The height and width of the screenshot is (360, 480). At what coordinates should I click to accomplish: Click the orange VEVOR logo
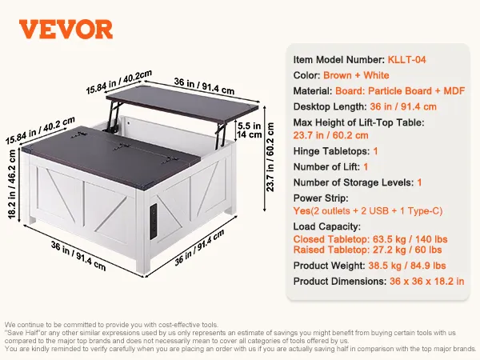pos(66,30)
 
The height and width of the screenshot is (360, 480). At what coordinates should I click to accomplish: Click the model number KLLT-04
pos(406,60)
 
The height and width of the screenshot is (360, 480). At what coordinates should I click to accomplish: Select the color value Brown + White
pos(356,75)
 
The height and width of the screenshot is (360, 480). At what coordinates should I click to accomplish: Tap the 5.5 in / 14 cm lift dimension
pos(249,130)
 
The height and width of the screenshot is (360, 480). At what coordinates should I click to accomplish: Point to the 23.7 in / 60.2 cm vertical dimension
pos(270,157)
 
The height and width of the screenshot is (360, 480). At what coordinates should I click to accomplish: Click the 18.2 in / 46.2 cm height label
pos(12,184)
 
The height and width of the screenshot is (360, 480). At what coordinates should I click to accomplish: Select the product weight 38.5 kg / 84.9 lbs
pos(407,266)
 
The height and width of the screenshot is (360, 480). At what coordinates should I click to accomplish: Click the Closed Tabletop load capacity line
pos(370,239)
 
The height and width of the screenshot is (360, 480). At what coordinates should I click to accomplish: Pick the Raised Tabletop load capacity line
pos(367,250)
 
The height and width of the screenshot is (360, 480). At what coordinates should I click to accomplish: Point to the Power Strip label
pos(321,198)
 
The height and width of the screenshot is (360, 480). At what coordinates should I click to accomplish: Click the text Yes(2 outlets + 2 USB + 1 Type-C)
pos(368,211)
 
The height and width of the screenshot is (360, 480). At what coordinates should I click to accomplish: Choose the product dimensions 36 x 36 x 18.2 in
pos(426,282)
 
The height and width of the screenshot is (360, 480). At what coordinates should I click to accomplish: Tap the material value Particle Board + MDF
pos(417,91)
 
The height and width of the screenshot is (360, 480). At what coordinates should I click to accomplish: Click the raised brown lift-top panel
pos(182,104)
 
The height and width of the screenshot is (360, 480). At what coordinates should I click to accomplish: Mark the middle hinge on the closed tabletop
pos(122,147)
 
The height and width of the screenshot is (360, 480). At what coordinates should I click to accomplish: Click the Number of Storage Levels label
pos(354,182)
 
